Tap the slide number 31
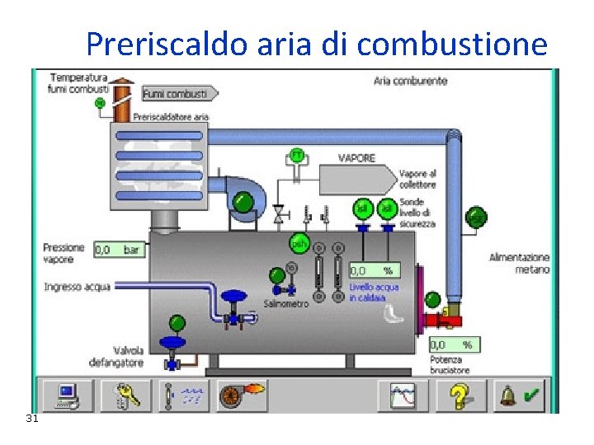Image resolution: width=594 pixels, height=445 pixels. click(x=32, y=419)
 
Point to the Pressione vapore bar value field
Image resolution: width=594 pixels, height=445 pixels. click(x=119, y=249)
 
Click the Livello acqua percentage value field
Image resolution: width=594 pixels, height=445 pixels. click(x=374, y=269)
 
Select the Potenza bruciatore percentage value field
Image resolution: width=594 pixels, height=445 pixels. click(x=455, y=345)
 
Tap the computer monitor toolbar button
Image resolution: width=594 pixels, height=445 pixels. click(x=68, y=396)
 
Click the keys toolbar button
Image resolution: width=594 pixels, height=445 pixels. click(x=126, y=396)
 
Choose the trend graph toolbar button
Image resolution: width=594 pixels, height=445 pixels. click(x=403, y=396)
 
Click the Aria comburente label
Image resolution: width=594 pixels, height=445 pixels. click(x=410, y=81)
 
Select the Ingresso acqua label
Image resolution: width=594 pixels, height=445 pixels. click(x=77, y=287)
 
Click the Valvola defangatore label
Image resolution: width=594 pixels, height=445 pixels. click(x=116, y=356)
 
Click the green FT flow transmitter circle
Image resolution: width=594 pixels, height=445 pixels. click(x=295, y=155)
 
